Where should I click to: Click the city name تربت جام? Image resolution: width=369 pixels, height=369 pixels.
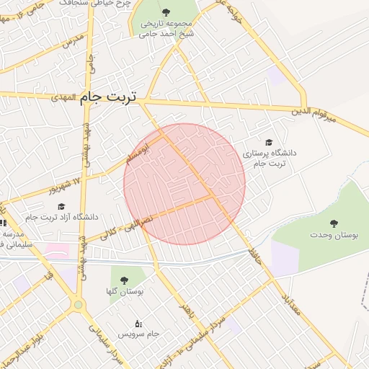point(115,95)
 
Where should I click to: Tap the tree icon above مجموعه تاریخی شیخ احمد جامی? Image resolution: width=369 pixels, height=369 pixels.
point(167,12)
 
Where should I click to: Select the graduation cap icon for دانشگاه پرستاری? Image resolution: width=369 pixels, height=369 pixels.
point(269,143)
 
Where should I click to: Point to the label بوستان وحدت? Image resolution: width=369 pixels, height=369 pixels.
point(330,235)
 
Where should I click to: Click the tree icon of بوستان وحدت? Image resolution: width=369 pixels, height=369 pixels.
point(333,223)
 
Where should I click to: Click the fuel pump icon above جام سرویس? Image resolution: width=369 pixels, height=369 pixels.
point(138,324)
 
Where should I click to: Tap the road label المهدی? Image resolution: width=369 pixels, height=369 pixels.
point(63,98)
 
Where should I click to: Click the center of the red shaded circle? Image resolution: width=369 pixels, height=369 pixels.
point(184,184)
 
